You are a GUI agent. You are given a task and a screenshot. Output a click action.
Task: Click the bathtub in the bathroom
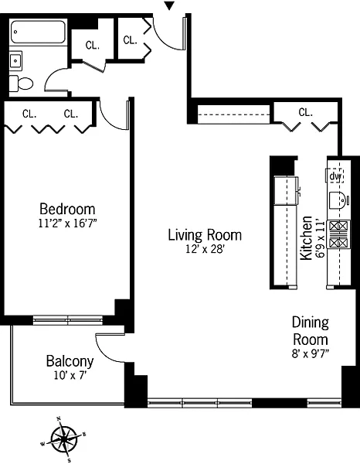coord(38,32)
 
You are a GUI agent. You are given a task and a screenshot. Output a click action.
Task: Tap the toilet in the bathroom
coord(21,84)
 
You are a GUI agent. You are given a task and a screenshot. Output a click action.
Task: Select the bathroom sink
coord(15,60)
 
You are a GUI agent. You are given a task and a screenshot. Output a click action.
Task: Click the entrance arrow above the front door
coord(169,5)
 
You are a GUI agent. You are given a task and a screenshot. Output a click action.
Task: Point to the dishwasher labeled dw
coord(335,176)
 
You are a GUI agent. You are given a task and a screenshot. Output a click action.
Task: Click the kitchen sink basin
coord(338,200)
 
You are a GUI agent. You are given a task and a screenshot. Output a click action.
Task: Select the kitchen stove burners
coord(338,234)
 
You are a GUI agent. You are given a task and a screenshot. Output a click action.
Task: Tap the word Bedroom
coord(67,209)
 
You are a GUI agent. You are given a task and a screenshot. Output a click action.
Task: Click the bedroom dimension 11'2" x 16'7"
coord(68,223)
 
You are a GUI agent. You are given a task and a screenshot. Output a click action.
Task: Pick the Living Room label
coord(205,235)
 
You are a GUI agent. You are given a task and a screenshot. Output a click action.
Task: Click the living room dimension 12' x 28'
coord(205,249)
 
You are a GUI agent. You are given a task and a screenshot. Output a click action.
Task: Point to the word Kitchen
coord(306,238)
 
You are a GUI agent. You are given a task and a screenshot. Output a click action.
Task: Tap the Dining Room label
coord(311,331)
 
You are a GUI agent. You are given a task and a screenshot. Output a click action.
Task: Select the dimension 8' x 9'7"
coord(311,353)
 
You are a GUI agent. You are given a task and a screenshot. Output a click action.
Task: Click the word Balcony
coord(70,361)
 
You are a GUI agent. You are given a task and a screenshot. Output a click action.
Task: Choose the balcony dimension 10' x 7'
coord(70,376)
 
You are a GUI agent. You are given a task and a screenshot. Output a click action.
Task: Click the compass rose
coord(63,439)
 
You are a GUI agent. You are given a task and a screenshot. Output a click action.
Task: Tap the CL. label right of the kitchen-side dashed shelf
coord(306,112)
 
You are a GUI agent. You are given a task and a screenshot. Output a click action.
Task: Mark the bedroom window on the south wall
coord(68,320)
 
